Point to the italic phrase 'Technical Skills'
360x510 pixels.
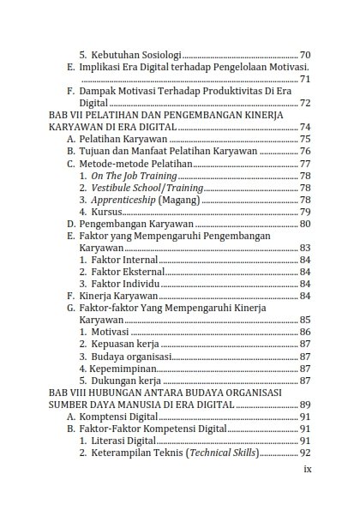pyautogui.click(x=219, y=453)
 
